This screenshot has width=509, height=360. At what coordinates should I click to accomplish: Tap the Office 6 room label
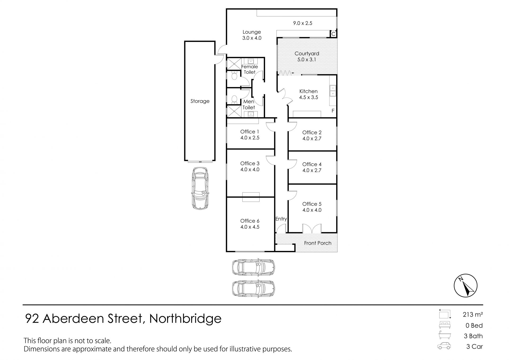point(250,221)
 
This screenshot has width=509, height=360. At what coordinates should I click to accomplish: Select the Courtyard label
point(307,54)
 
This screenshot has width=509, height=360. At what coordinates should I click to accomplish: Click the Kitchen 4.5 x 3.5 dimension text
point(309,97)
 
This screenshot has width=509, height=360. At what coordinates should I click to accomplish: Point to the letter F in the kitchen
point(333,111)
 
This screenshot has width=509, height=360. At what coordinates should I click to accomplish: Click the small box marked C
point(333,34)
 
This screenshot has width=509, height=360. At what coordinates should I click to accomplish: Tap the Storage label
point(200,101)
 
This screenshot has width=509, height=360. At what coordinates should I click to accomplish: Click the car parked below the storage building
point(200,188)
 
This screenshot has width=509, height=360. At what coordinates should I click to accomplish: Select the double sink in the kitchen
point(332,90)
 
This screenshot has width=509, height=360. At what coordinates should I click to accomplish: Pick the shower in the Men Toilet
point(233,111)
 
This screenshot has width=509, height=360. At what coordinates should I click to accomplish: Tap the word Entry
point(281,219)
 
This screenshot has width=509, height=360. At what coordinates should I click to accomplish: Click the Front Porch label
point(318,243)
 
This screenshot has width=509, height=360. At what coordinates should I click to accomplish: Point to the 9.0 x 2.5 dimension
point(302,23)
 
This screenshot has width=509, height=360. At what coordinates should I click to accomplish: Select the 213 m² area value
point(473,315)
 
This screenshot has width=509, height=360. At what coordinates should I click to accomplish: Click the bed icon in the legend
point(445,325)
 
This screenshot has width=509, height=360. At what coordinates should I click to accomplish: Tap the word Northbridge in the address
point(185,319)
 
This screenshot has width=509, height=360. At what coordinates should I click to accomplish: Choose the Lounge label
point(252,32)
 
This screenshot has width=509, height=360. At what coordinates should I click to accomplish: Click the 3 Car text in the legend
point(475,346)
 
